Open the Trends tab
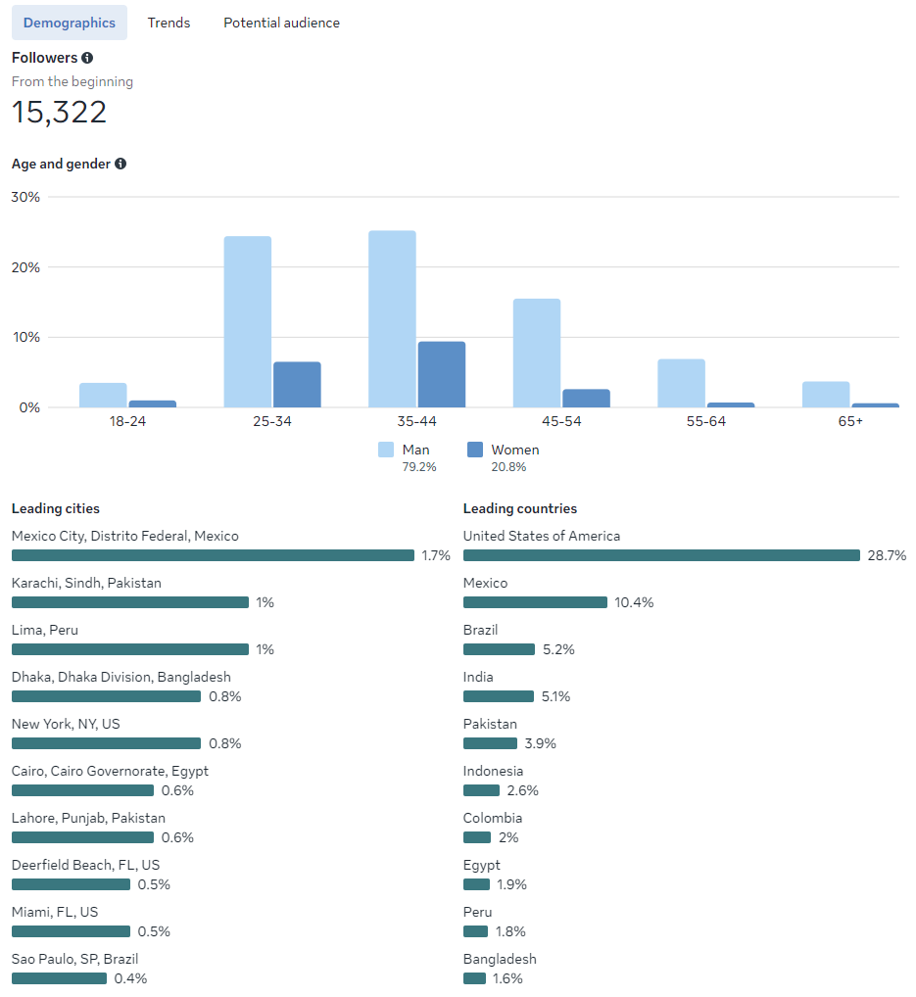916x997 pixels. (x=169, y=23)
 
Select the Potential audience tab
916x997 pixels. (x=281, y=23)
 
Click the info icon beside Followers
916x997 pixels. (x=87, y=58)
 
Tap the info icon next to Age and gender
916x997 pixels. (x=121, y=164)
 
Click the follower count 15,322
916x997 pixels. (x=59, y=112)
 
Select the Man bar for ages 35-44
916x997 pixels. (x=392, y=318)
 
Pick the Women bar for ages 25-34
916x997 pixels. (x=297, y=384)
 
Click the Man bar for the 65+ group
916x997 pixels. (x=826, y=394)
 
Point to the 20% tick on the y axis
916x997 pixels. (x=25, y=267)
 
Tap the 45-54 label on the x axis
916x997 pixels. (x=537, y=421)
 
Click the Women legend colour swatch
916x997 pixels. (x=475, y=450)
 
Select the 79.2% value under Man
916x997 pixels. (x=419, y=467)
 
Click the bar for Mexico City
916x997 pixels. (x=213, y=555)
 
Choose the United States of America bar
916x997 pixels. (x=661, y=555)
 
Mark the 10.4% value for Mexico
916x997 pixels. (x=634, y=602)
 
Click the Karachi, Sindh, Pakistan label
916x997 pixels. (x=86, y=583)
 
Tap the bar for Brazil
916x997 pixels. (x=499, y=649)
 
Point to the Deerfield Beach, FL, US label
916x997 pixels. (x=85, y=865)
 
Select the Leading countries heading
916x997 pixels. (x=519, y=508)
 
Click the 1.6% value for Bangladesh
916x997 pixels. (x=507, y=978)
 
